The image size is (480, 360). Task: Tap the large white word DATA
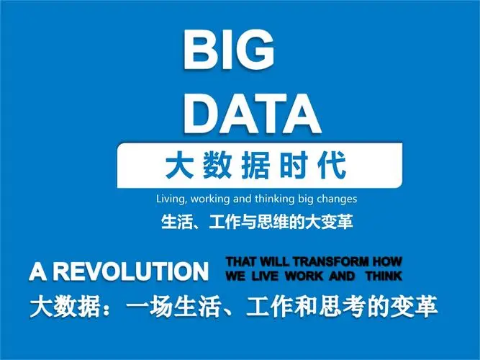[253, 114]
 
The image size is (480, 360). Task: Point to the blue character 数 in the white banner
[217, 166]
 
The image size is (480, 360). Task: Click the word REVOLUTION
[132, 271]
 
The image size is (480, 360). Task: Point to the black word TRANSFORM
[331, 262]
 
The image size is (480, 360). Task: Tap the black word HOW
[387, 262]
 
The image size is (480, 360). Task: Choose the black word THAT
[241, 262]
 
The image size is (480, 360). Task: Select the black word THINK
[384, 276]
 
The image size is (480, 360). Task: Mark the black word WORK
[304, 276]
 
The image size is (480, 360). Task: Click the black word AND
[343, 276]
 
